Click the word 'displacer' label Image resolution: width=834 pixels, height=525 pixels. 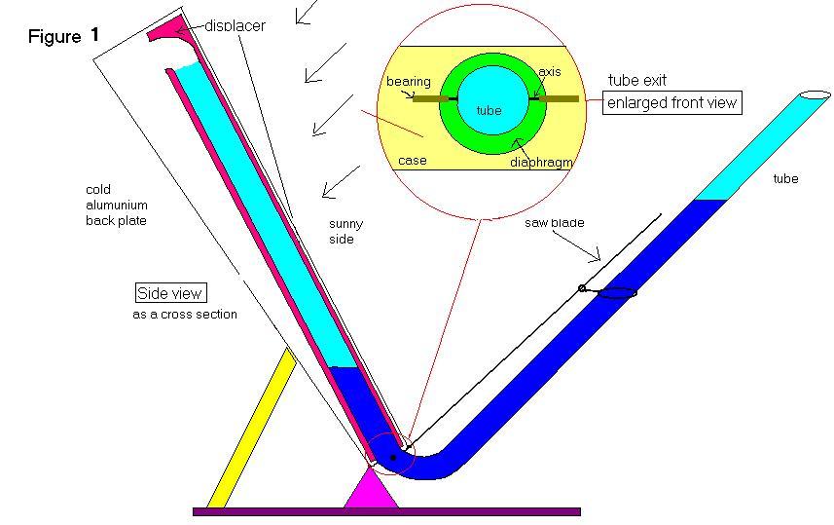234,25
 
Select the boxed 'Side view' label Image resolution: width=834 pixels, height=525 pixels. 171,293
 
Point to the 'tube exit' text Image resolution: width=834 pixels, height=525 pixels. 637,80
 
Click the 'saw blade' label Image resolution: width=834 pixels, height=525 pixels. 555,223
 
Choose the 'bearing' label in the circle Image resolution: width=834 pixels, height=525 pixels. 408,82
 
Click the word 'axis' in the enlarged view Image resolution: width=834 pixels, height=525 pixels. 550,72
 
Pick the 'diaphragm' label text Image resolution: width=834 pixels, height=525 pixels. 540,162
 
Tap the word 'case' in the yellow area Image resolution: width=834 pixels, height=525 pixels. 413,160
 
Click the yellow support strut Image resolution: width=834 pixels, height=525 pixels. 251,429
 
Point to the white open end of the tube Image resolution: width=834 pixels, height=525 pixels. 816,95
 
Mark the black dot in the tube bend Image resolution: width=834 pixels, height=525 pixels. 392,456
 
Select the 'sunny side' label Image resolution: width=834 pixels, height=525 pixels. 345,231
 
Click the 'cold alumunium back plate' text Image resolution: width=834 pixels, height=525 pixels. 117,206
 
